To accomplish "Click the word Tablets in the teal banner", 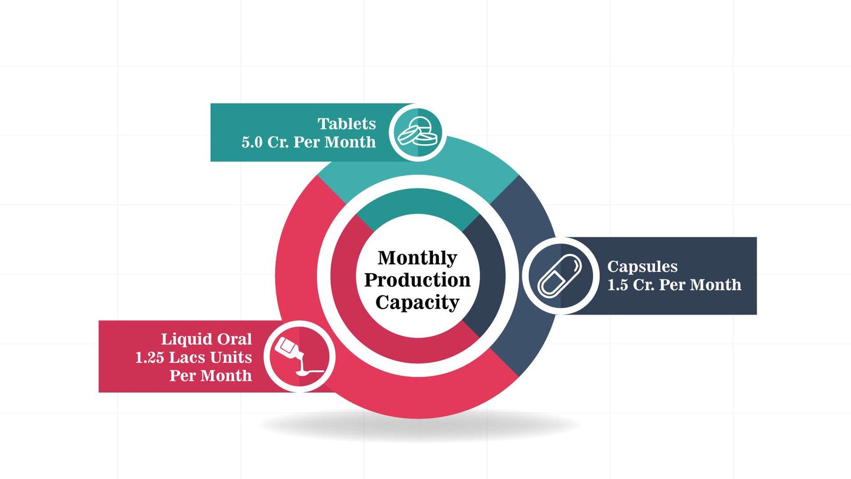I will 347,124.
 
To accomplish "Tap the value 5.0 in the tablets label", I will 252,143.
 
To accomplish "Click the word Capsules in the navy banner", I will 642,267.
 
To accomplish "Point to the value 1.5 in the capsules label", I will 618,285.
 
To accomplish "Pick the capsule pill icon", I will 560,276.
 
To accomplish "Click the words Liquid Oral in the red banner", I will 206,339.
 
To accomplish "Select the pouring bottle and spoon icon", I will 299,356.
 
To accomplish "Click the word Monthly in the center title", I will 418,258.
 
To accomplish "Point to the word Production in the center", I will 418,280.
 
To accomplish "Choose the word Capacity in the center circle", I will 418,302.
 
